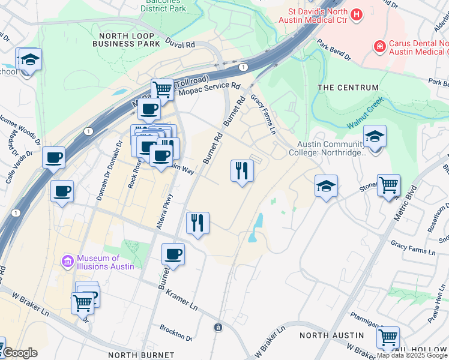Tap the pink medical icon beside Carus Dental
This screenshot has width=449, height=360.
coord(379,46)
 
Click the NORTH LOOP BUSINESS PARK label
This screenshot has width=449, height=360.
coord(125,40)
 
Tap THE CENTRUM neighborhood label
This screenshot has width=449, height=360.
coord(348,88)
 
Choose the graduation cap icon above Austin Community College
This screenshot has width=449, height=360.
coord(375,136)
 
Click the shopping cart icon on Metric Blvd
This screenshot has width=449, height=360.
coord(388,185)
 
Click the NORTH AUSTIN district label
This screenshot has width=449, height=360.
coord(331,335)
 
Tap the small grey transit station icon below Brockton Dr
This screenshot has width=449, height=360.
coord(218,328)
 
